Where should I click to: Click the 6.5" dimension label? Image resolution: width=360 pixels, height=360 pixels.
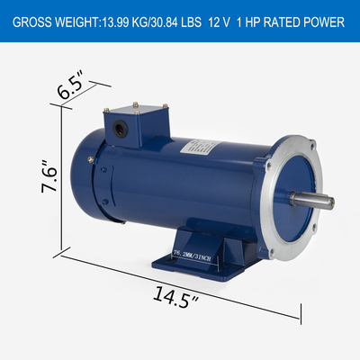(72, 90)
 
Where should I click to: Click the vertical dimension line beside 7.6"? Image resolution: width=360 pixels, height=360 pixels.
(64, 180)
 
